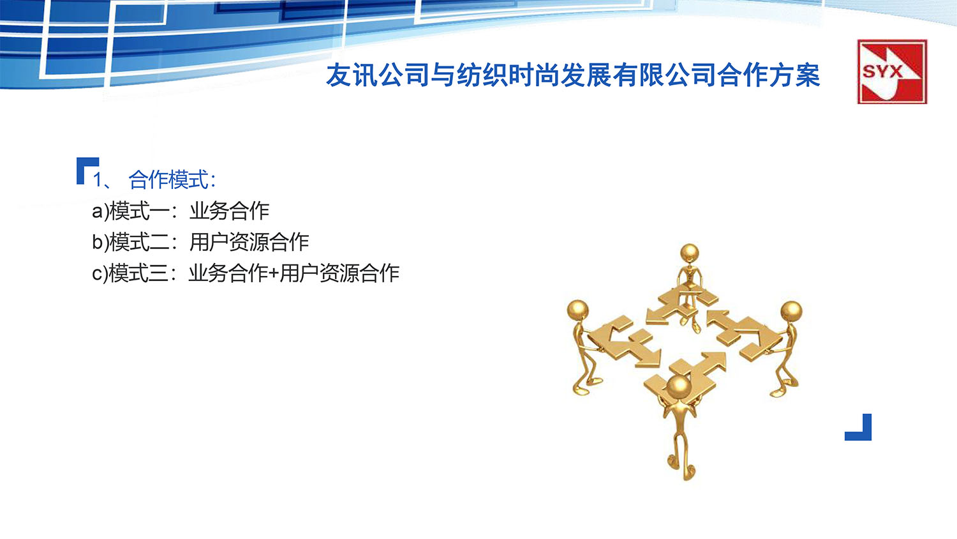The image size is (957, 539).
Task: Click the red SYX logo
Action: pyautogui.click(x=891, y=72)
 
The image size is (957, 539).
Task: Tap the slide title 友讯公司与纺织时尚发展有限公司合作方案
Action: pyautogui.click(x=572, y=75)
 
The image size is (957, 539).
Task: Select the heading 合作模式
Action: pyautogui.click(x=169, y=180)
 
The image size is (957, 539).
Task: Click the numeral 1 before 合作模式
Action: pyautogui.click(x=97, y=180)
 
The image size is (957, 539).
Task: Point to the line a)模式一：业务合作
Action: pyautogui.click(x=181, y=211)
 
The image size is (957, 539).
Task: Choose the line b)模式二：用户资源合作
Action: pyautogui.click(x=200, y=242)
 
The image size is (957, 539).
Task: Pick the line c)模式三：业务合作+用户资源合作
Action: pyautogui.click(x=246, y=273)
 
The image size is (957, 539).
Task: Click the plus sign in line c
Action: pyautogui.click(x=274, y=274)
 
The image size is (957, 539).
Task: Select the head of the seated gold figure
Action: pyautogui.click(x=689, y=253)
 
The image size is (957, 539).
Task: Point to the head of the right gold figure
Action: pyautogui.click(x=791, y=312)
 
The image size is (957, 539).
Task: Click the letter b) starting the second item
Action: pyautogui.click(x=100, y=242)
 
